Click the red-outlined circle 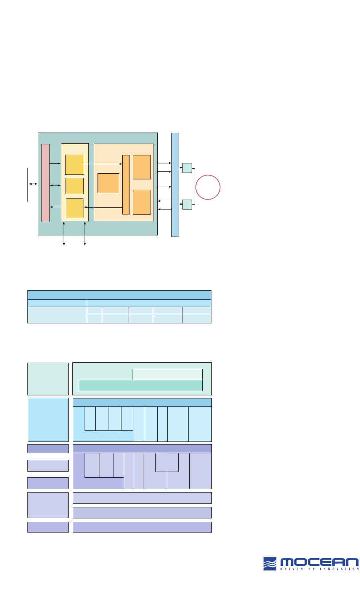pyautogui.click(x=208, y=187)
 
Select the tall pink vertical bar pyautogui.click(x=45, y=183)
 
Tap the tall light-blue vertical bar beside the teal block pyautogui.click(x=175, y=185)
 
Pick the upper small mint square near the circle pyautogui.click(x=187, y=168)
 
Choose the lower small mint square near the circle pyautogui.click(x=187, y=205)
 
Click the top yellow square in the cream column pyautogui.click(x=75, y=165)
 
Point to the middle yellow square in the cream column pyautogui.click(x=75, y=186)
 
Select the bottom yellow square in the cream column pyautogui.click(x=75, y=208)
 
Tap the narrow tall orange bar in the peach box pyautogui.click(x=126, y=185)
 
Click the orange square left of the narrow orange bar pyautogui.click(x=109, y=183)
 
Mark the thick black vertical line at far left pyautogui.click(x=28, y=184)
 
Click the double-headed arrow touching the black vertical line pyautogui.click(x=33, y=184)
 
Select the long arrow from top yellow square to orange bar pyautogui.click(x=103, y=164)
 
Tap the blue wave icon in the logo pyautogui.click(x=270, y=564)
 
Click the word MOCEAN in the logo pyautogui.click(x=319, y=562)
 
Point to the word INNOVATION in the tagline pyautogui.click(x=339, y=569)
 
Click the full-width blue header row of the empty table pyautogui.click(x=119, y=295)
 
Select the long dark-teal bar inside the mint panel pyautogui.click(x=141, y=385)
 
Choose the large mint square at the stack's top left pyautogui.click(x=48, y=379)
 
